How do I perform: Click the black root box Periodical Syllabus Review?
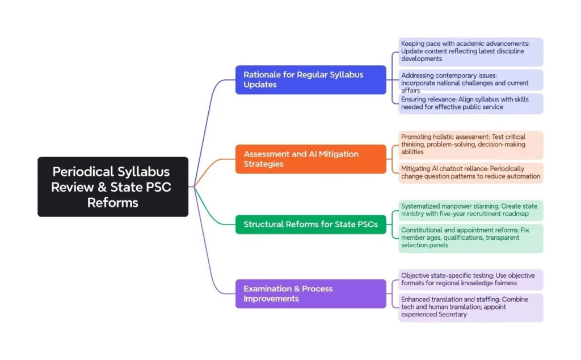point(113,187)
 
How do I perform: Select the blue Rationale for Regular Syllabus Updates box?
point(310,79)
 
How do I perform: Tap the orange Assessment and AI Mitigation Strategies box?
point(310,159)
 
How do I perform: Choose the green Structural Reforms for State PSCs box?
point(310,224)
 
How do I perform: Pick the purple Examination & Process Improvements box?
point(310,293)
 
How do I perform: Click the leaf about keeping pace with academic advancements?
point(470,51)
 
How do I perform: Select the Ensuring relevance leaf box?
point(470,103)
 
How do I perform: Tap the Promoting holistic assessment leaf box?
point(470,145)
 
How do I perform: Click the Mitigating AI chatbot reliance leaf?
point(470,173)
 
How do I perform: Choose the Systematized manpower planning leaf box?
point(470,210)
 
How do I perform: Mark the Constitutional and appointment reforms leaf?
point(470,238)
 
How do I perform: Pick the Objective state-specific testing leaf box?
point(470,279)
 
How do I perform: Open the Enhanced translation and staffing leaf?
point(470,307)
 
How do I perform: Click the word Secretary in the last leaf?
point(452,315)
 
